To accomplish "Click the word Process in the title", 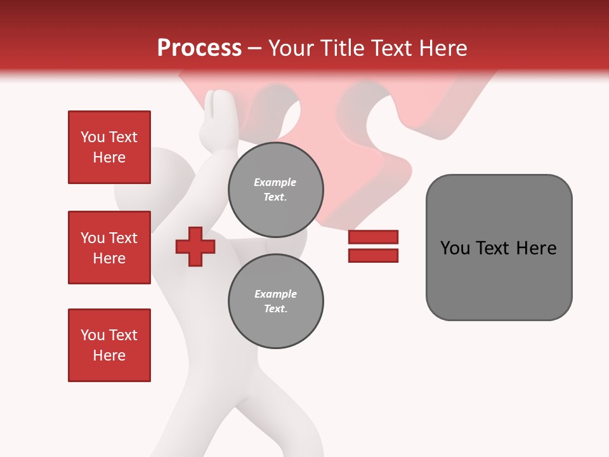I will coord(199,48).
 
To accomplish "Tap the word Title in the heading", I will coord(339,48).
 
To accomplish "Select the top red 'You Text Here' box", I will coord(109,147).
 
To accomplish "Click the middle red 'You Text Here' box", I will coord(109,248).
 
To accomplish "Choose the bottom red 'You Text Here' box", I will coord(109,345).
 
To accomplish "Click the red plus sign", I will coord(195,247).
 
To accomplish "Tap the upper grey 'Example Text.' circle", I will coord(275,190).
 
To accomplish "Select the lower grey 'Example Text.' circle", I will coord(275,301).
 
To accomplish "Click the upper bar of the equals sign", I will coord(373,237).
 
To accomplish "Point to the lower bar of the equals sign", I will coord(373,256).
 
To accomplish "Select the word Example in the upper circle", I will coord(275,182).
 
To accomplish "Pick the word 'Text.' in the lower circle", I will coord(275,309).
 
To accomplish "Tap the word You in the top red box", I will coord(92,137).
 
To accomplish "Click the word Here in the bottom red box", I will coord(109,355).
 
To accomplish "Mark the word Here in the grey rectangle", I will coord(536,248).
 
